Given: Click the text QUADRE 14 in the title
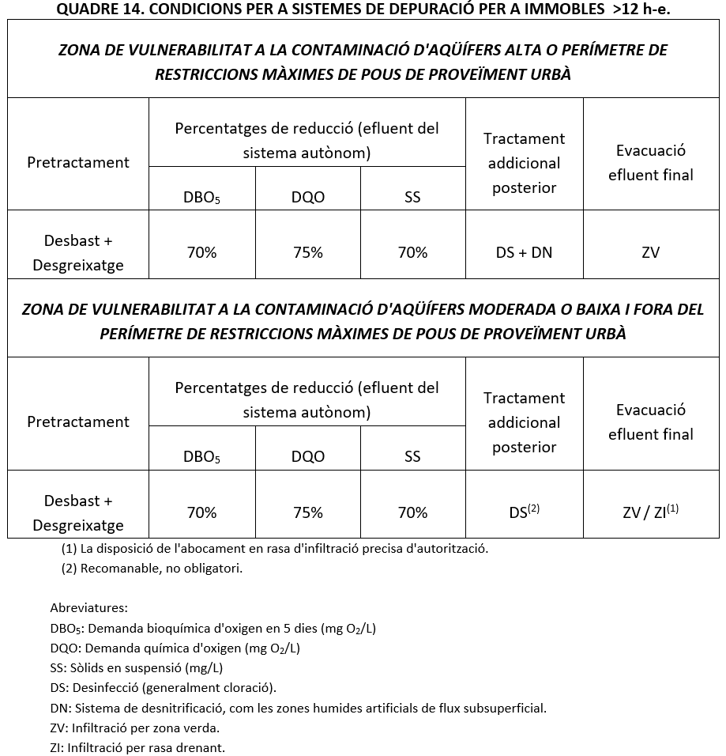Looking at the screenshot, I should (91, 9).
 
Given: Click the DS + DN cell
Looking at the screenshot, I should (524, 253).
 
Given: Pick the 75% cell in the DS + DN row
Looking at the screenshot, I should (307, 253).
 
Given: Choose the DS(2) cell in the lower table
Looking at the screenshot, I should (524, 512).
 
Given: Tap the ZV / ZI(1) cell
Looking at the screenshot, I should (650, 512).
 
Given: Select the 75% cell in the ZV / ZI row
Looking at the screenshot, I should (307, 512).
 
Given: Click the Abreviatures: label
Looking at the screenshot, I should (88, 608).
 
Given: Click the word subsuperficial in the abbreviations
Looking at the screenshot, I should (506, 708).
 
